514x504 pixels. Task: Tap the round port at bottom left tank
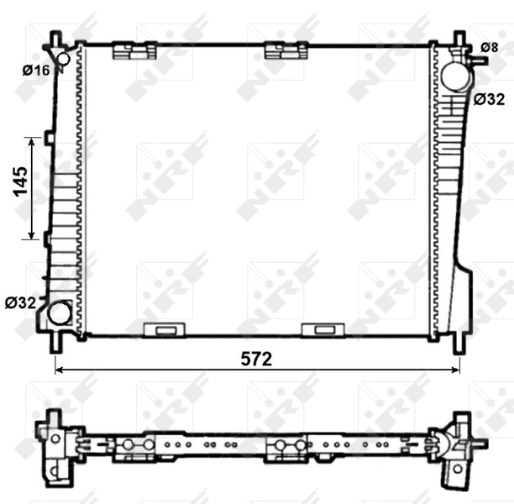pyautogui.click(x=60, y=313)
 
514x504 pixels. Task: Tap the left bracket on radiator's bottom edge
pyautogui.click(x=163, y=330)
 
